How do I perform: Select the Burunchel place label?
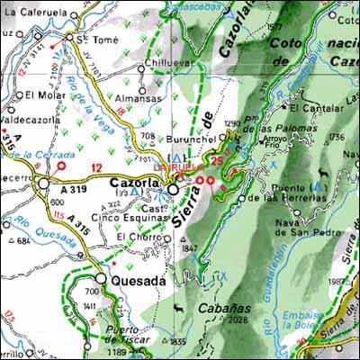(194, 141)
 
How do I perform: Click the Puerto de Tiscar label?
(124, 333)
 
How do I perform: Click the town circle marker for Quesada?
(101, 280)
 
